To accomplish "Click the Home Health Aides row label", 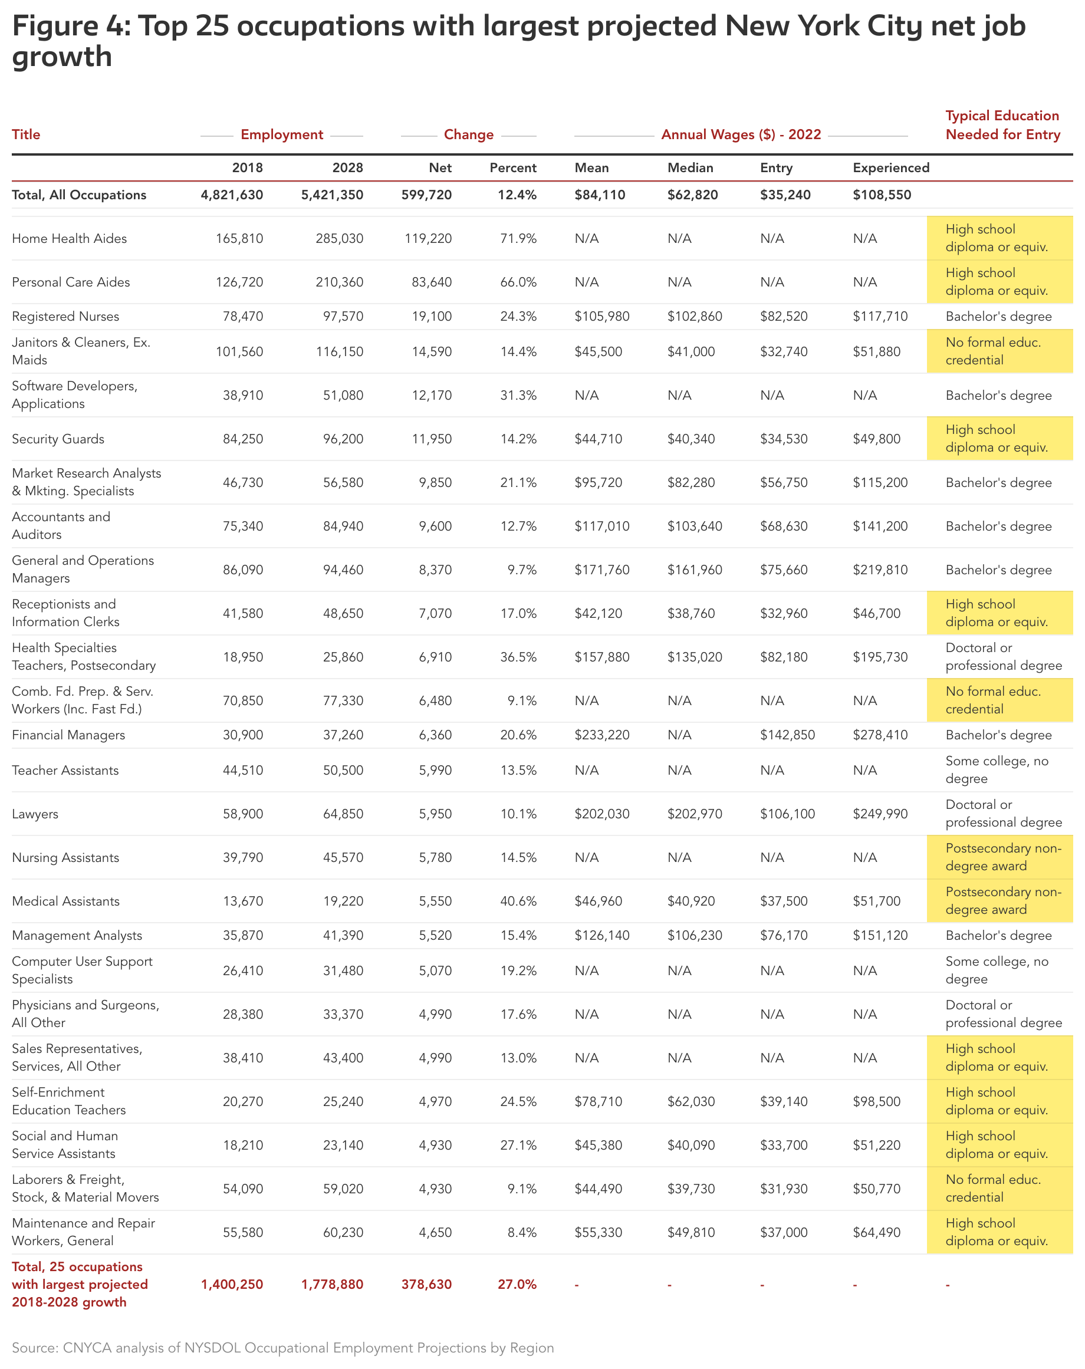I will click(69, 239).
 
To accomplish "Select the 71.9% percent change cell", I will click(518, 239).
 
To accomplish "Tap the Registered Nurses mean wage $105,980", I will click(601, 316).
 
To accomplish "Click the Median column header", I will click(690, 167).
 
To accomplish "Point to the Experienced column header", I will click(890, 167).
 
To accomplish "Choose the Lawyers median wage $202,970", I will click(694, 814).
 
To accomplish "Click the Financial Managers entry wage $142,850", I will click(787, 735).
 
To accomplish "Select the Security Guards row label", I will click(58, 439).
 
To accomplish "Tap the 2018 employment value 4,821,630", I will click(232, 195).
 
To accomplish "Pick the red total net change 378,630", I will click(426, 1285).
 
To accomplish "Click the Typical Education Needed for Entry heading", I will click(1002, 125).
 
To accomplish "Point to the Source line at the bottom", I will click(282, 1347).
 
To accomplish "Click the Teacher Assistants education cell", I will click(996, 770).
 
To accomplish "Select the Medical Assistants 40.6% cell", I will click(518, 901).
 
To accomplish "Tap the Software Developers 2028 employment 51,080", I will click(339, 396).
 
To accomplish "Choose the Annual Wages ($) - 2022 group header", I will click(741, 134).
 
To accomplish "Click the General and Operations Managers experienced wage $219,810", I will click(880, 570).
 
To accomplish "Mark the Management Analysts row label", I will click(77, 935).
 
